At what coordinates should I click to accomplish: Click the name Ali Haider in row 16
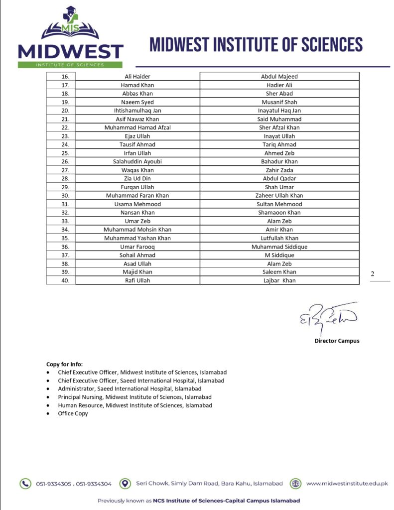pyautogui.click(x=137, y=77)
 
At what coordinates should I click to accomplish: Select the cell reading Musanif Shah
pyautogui.click(x=279, y=102)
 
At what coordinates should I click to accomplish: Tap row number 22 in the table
pyautogui.click(x=65, y=127)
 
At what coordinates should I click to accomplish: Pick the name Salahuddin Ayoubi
pyautogui.click(x=137, y=161)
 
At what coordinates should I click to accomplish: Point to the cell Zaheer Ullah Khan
pyautogui.click(x=279, y=196)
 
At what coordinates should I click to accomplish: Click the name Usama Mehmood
pyautogui.click(x=137, y=204)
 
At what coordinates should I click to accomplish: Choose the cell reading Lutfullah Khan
pyautogui.click(x=279, y=238)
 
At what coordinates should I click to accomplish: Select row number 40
pyautogui.click(x=65, y=281)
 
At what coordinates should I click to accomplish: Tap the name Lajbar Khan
pyautogui.click(x=279, y=281)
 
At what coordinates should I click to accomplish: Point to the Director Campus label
pyautogui.click(x=337, y=341)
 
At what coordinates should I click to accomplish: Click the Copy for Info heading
pyautogui.click(x=65, y=364)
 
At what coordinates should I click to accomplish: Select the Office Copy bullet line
pyautogui.click(x=73, y=413)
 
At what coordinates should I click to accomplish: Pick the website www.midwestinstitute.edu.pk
pyautogui.click(x=347, y=484)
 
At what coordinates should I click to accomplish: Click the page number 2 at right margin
pyautogui.click(x=372, y=274)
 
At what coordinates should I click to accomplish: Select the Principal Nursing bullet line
pyautogui.click(x=134, y=397)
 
